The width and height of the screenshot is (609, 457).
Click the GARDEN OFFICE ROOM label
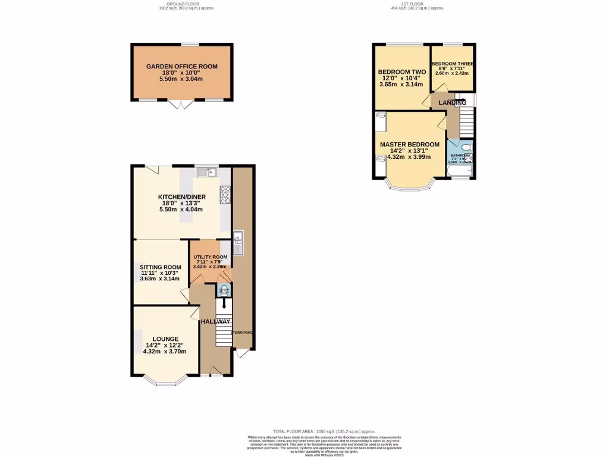pyautogui.click(x=182, y=66)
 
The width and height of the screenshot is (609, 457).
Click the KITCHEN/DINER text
pyautogui.click(x=181, y=197)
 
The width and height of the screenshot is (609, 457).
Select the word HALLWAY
pyautogui.click(x=215, y=321)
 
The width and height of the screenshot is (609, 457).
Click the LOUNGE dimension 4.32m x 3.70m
pyautogui.click(x=165, y=351)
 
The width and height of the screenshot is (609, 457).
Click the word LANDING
pyautogui.click(x=452, y=102)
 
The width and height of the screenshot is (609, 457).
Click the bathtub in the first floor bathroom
pyautogui.click(x=460, y=173)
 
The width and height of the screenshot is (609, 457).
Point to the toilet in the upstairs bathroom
pyautogui.click(x=466, y=146)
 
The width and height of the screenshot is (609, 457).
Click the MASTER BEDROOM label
pyautogui.click(x=410, y=145)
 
